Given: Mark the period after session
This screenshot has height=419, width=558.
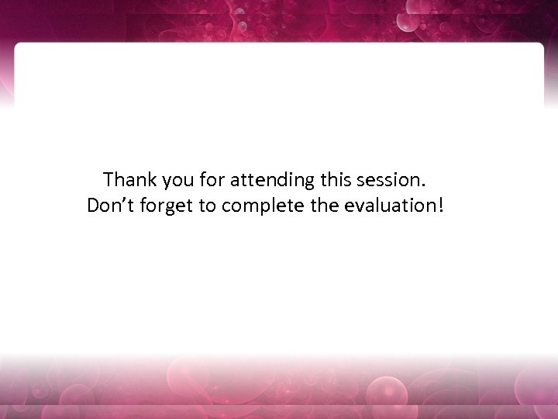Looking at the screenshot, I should pyautogui.click(x=423, y=186).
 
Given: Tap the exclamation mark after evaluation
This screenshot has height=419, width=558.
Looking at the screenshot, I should pyautogui.click(x=443, y=206).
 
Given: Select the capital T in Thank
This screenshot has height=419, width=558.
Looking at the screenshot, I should pyautogui.click(x=109, y=180).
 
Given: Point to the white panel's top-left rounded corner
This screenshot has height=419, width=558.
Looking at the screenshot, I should pyautogui.click(x=19, y=47).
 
